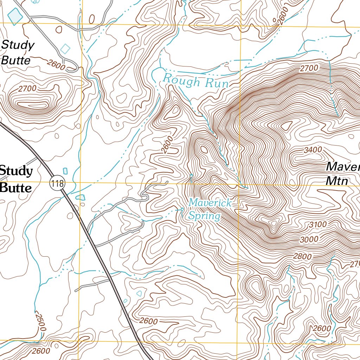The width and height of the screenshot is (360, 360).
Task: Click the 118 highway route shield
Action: [58, 183]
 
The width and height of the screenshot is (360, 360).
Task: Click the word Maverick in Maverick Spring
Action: [210, 203]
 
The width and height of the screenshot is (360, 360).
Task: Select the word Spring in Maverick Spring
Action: [204, 216]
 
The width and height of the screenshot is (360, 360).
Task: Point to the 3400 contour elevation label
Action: [313, 150]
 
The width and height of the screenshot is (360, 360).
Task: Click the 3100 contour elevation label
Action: [317, 224]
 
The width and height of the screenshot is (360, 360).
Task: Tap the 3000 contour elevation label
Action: [309, 239]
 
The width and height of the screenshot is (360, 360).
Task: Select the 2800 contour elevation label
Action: [302, 257]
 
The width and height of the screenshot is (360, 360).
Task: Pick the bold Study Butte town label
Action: [16, 179]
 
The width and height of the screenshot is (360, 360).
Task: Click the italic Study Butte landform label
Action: [18, 53]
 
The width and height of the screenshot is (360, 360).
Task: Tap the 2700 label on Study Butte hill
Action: [27, 89]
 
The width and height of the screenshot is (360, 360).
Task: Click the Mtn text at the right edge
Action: [336, 181]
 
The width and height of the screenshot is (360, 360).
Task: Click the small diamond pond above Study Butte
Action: [65, 49]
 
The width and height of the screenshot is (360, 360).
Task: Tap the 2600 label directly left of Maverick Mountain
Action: [168, 144]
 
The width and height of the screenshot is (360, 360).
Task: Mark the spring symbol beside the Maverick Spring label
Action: [182, 210]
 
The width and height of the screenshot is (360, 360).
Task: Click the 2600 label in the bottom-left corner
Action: [41, 351]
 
